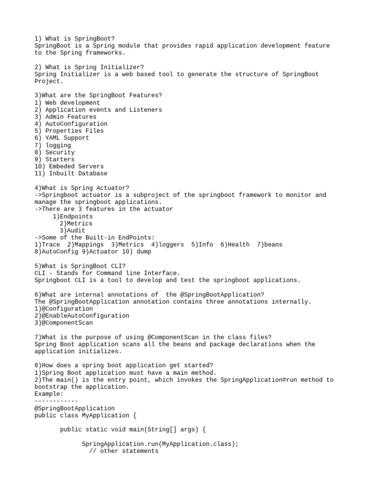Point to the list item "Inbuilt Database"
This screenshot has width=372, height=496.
click(71, 173)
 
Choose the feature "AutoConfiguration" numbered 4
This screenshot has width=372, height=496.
click(71, 124)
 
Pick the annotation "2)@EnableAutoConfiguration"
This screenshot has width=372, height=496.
click(82, 316)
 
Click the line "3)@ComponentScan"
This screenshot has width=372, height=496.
click(63, 323)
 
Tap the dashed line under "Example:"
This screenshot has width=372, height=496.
click(56, 401)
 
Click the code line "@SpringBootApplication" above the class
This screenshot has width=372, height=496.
click(75, 408)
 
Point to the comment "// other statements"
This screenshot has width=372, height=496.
click(124, 451)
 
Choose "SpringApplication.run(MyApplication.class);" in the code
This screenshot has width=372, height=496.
click(160, 444)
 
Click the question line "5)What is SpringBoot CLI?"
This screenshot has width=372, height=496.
click(80, 266)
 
